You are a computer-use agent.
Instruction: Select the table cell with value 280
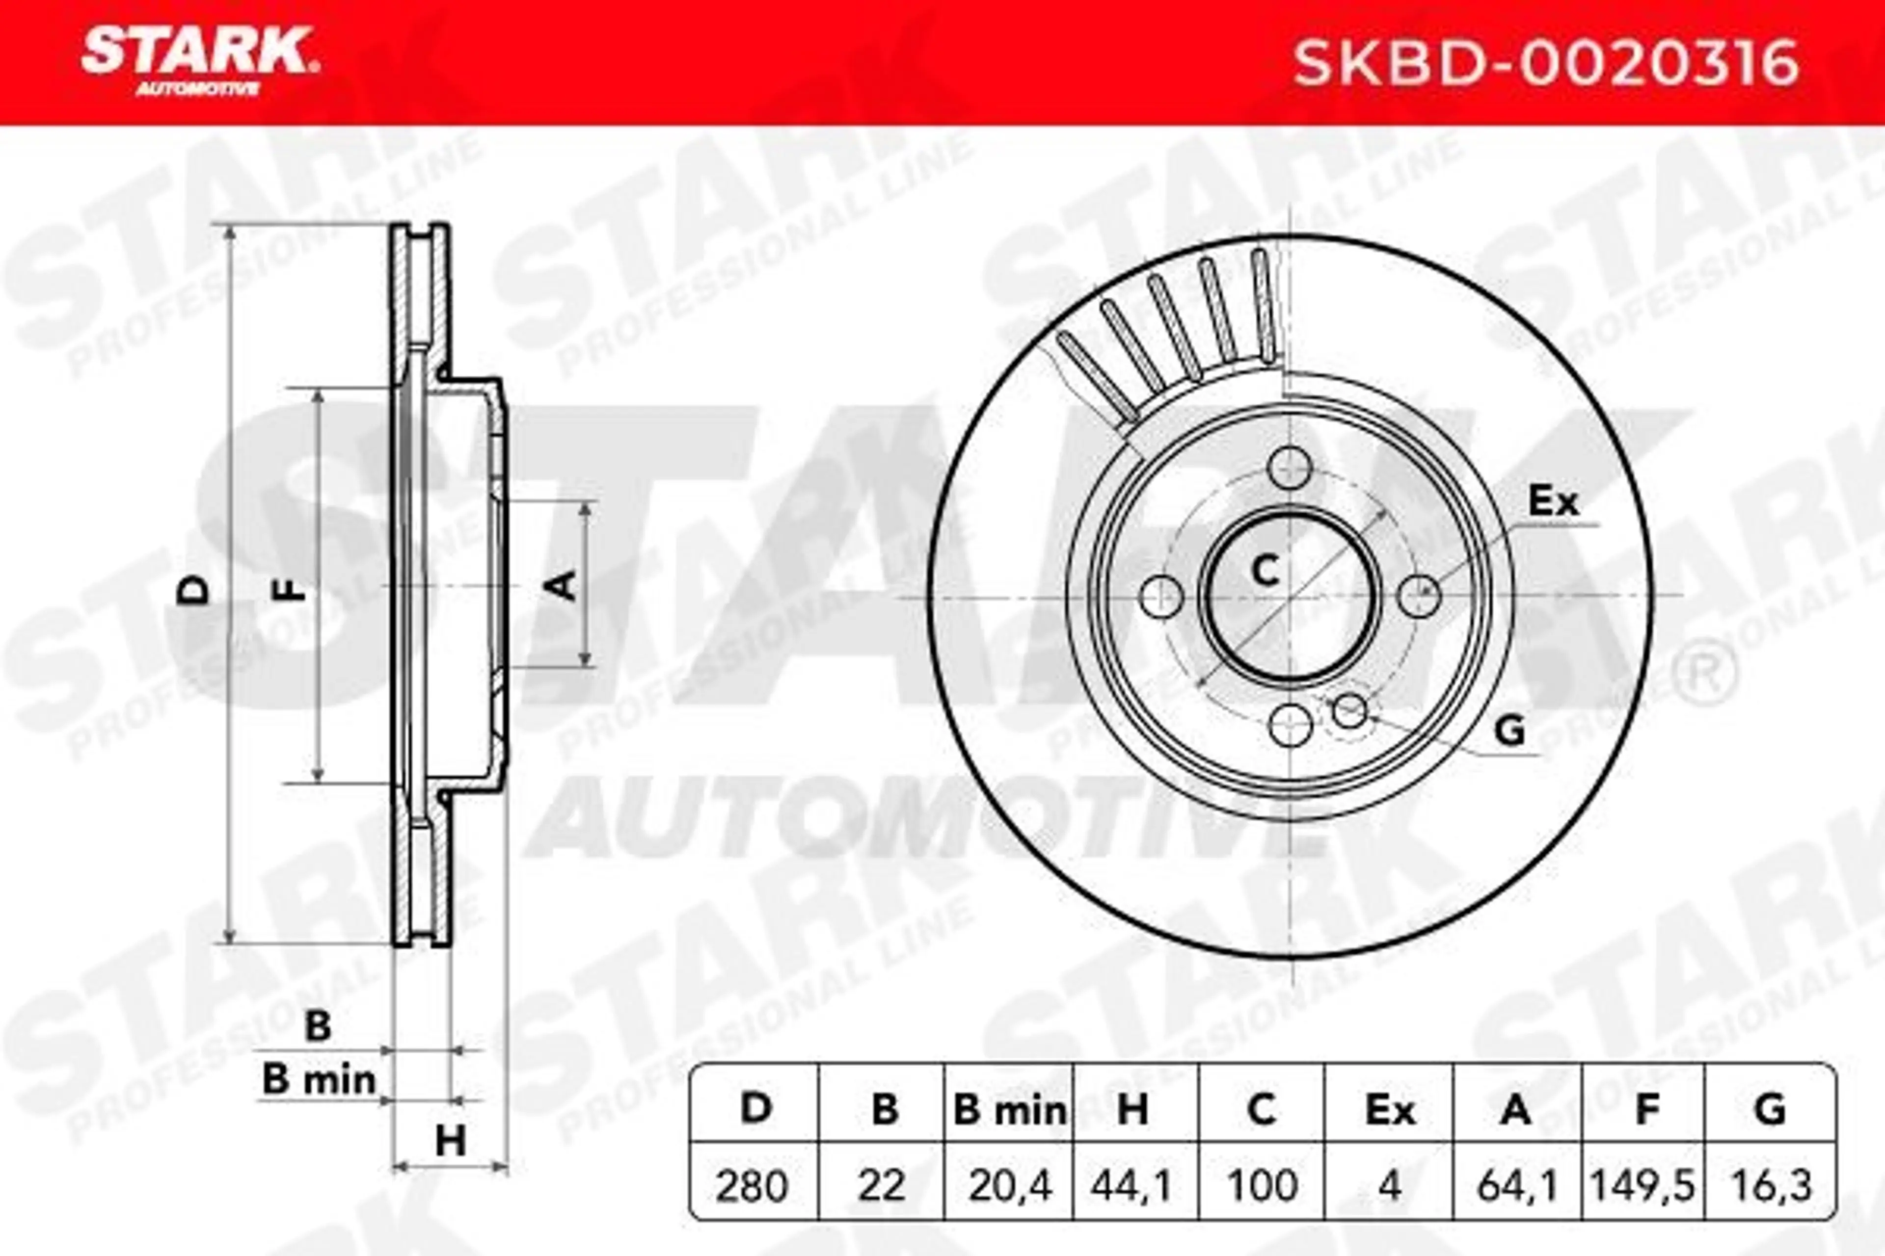click(752, 1185)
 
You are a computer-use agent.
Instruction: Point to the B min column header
click(1010, 1111)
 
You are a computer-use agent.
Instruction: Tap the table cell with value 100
click(1262, 1185)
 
